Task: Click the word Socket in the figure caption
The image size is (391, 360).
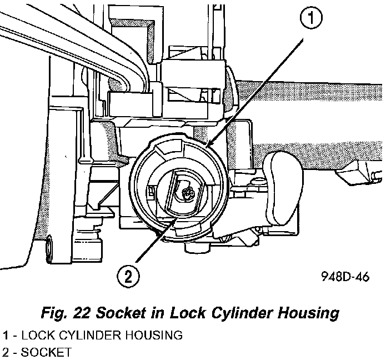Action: [x=118, y=313]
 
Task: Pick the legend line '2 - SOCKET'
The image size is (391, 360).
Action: [x=37, y=352]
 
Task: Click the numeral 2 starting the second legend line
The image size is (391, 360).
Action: [x=5, y=352]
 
